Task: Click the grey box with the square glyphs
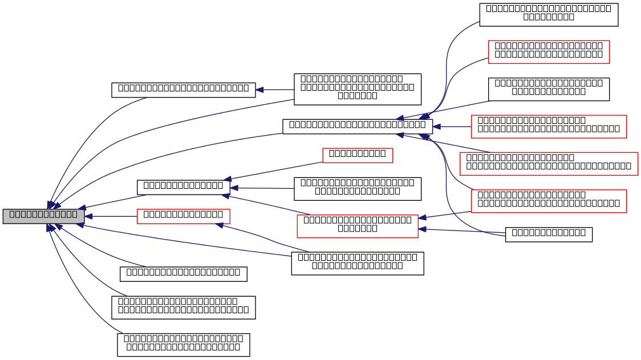point(43,216)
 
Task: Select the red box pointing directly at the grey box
point(183,216)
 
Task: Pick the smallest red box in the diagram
point(358,155)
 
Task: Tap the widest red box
point(549,164)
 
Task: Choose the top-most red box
point(549,52)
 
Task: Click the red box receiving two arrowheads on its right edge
point(357,226)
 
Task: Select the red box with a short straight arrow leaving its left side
point(549,127)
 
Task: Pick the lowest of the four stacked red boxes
point(549,201)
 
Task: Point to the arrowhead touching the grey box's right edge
point(88,216)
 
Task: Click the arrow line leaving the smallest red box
point(274,171)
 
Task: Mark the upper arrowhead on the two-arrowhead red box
point(423,217)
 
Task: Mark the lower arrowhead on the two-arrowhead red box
point(423,229)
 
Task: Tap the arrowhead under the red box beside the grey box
point(220,225)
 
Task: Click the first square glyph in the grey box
point(12,215)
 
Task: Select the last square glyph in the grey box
point(74,215)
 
